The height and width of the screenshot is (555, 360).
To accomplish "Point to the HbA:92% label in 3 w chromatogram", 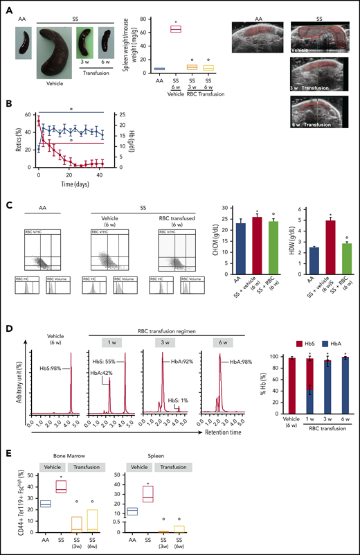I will (178, 361).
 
